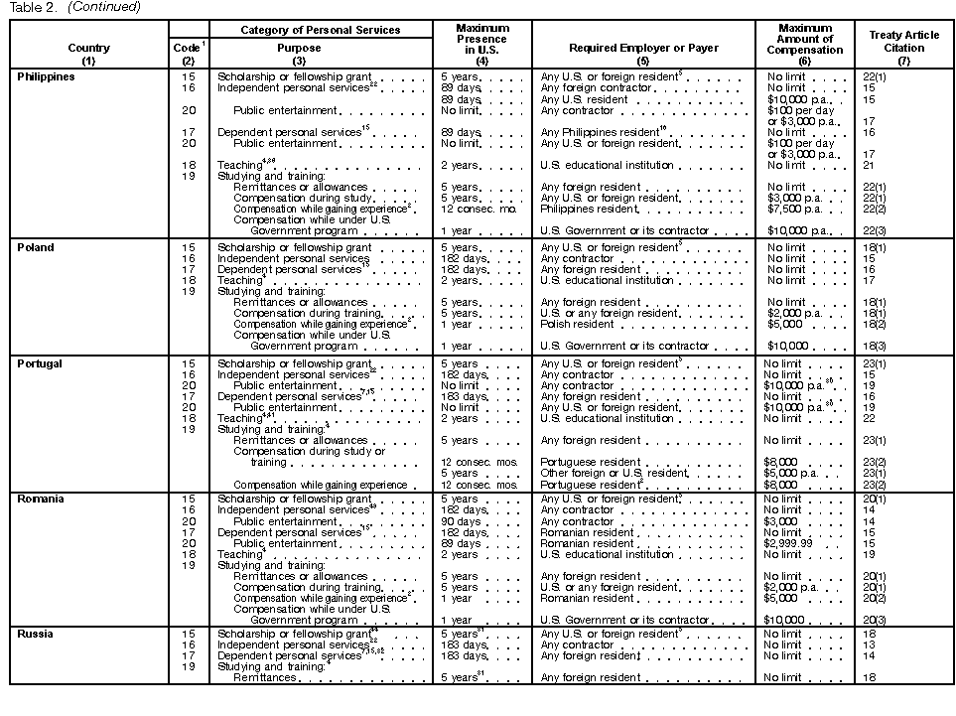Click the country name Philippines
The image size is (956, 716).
[47, 77]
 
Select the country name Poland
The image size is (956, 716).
[36, 247]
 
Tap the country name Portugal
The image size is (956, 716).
[40, 363]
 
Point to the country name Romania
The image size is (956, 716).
[40, 500]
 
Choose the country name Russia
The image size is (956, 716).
[35, 634]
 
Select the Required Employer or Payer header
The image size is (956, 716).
[643, 48]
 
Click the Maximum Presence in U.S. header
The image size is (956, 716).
[481, 40]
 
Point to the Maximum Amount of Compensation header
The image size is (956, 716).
[805, 40]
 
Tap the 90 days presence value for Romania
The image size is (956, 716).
[461, 521]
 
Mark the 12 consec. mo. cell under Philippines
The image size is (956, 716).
[473, 210]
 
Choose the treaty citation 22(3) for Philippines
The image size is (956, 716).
[874, 231]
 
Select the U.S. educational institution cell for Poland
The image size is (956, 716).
[607, 280]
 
